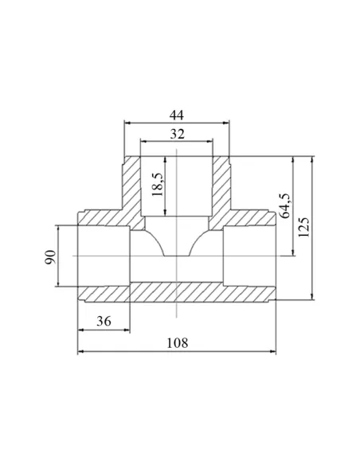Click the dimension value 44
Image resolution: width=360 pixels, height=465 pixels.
click(177, 115)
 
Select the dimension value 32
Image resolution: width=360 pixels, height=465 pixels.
click(177, 134)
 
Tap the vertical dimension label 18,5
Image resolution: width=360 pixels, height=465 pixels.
click(158, 185)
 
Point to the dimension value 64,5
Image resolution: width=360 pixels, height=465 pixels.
click(285, 205)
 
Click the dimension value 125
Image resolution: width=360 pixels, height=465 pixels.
click(303, 227)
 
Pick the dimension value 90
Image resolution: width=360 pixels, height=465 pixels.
click(50, 257)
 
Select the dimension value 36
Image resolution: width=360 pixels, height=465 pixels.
click(104, 321)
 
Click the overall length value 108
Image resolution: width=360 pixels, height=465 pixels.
click(178, 343)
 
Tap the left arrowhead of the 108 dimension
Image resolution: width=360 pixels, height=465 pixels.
click(80, 351)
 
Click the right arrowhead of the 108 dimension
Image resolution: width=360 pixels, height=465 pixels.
click(273, 351)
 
